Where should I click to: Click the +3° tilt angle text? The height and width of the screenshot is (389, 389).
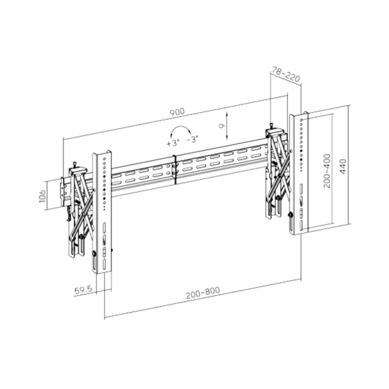pos(173,141)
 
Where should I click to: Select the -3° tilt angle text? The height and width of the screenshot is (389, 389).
pos(193,139)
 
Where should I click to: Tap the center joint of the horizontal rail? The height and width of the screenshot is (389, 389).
pos(174,171)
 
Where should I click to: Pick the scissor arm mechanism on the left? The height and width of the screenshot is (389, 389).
pos(78,207)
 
